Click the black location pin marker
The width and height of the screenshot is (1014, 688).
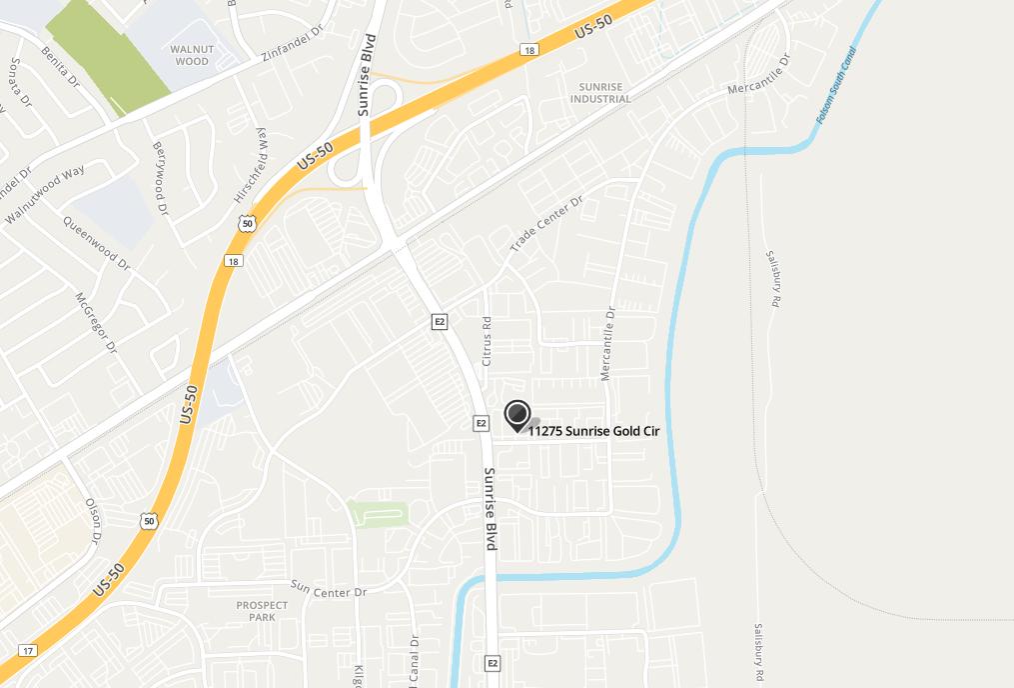click(517, 414)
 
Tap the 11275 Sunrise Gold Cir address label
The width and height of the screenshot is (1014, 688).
click(593, 432)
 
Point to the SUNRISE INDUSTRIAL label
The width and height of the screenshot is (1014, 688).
click(600, 93)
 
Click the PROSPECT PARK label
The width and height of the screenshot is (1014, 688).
click(262, 611)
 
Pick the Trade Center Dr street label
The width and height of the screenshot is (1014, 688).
click(545, 225)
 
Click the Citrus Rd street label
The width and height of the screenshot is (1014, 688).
click(488, 341)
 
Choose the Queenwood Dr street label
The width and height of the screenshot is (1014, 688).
click(97, 243)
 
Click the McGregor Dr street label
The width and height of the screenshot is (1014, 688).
click(97, 322)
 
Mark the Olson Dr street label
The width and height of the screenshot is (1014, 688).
click(94, 521)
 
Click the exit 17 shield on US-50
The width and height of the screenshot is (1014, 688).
click(27, 651)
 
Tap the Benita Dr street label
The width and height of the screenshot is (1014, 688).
click(60, 66)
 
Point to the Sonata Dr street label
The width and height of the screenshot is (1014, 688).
click(13, 82)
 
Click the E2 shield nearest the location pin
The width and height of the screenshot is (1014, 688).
click(481, 424)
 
